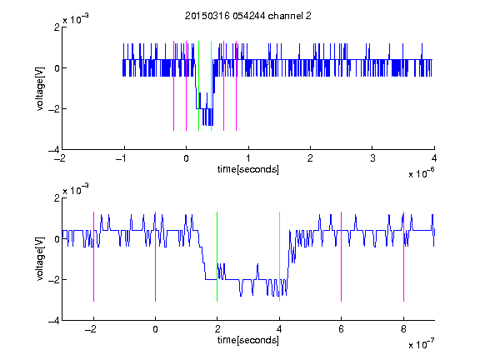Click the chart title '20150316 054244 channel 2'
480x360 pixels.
[x=248, y=16]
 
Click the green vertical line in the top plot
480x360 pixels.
[x=198, y=86]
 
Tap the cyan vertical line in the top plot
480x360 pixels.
[x=211, y=86]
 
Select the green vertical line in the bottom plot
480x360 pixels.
[x=217, y=257]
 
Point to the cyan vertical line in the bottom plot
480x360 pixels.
[x=279, y=257]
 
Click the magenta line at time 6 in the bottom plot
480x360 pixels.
[x=342, y=257]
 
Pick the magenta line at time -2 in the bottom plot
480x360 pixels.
[x=93, y=257]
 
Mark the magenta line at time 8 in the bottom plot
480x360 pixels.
[x=404, y=257]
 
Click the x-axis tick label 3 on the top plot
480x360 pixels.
[x=372, y=158]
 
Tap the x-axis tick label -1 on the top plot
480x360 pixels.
[x=122, y=158]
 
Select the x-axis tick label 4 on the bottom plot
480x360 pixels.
[x=279, y=329]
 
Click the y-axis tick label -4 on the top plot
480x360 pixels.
[x=54, y=150]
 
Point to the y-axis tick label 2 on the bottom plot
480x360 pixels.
[x=57, y=198]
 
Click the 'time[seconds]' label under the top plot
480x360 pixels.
[x=248, y=169]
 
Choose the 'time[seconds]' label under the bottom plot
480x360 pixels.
[x=248, y=340]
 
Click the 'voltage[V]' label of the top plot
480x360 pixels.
[x=40, y=88]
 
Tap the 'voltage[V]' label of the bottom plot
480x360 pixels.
[x=40, y=259]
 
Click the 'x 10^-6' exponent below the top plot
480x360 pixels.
[x=421, y=173]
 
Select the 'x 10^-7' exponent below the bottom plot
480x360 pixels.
[x=421, y=344]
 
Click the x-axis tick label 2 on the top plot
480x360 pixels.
[x=310, y=158]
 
